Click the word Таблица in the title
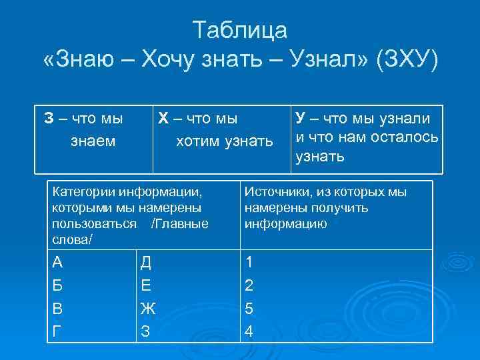click(240, 30)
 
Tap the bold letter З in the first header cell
click(49, 120)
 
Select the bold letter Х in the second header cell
click(162, 120)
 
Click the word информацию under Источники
click(285, 223)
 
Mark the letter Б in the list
click(57, 286)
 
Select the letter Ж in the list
click(147, 309)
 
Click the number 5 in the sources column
click(249, 309)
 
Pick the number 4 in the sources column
click(249, 331)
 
